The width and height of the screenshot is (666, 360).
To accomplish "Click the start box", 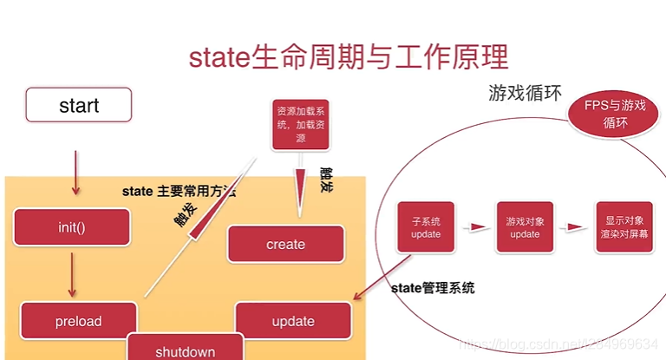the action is click(79, 105).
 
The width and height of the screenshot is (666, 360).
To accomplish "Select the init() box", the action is click(73, 227).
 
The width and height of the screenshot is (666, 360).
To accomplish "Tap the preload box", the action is click(78, 321).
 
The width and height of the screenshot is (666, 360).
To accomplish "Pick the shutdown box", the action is click(185, 349).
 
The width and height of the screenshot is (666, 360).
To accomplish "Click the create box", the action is click(286, 244).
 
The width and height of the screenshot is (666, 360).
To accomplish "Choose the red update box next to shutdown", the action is click(293, 321).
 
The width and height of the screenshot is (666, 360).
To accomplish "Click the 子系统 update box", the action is click(426, 228).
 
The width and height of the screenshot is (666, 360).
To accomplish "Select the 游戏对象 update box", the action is click(525, 228).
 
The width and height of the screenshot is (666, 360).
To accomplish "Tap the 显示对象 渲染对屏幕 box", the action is click(624, 228).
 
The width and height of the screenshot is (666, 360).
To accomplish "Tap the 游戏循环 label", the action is click(525, 93).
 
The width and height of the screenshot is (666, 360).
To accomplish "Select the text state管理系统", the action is click(434, 288).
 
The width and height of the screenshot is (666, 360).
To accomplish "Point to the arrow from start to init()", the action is click(75, 173).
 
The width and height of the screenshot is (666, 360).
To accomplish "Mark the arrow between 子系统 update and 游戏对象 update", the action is click(475, 228).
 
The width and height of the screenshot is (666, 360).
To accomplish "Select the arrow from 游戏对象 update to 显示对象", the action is click(574, 228).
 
